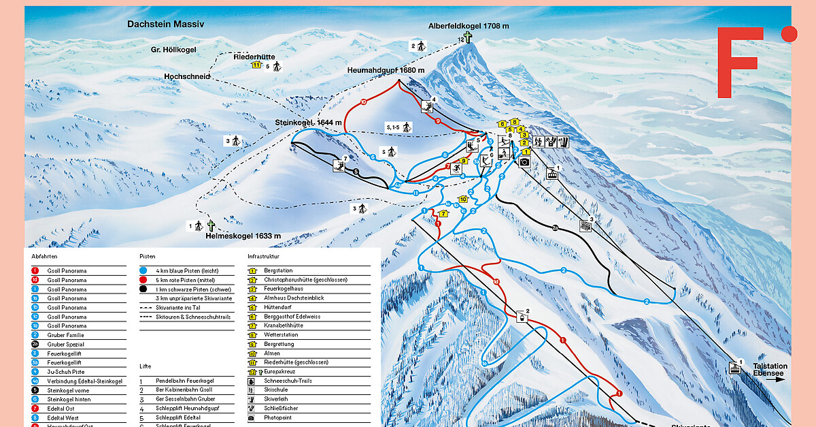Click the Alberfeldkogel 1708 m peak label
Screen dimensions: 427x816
[468, 26]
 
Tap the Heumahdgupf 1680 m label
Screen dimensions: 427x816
[385, 70]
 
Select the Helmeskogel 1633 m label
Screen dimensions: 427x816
[243, 236]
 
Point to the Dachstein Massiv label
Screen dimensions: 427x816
[165, 24]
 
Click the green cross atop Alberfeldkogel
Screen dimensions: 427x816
[467, 37]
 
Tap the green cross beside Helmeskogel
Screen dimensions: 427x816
[211, 225]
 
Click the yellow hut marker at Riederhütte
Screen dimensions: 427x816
[256, 65]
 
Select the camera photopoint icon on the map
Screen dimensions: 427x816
[524, 162]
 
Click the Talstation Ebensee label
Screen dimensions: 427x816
[770, 370]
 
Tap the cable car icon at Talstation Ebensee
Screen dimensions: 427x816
[735, 368]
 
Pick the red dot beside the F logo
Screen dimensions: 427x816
[789, 34]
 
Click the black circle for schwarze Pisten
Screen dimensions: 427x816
[143, 289]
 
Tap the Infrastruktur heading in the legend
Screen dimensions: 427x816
[265, 257]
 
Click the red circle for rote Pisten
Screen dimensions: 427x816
[143, 280]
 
